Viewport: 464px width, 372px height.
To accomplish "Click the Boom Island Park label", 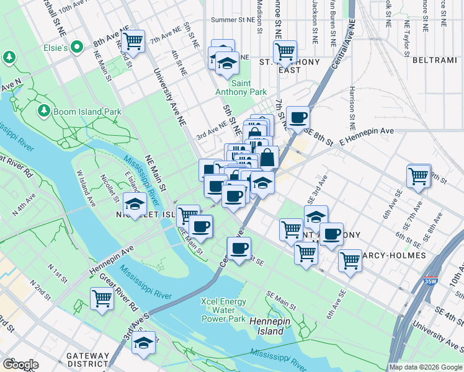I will coord(87,112).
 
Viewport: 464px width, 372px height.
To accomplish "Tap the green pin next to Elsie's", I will coord(78,46).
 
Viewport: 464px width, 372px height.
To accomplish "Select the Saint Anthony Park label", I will coord(249,87).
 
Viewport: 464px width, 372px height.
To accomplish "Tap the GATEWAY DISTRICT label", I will coord(89,360).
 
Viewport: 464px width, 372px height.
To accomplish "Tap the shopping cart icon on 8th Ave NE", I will coord(133,42).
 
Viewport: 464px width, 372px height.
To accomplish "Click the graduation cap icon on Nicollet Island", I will coord(134,204).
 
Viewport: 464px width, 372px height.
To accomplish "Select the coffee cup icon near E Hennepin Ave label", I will coord(298,117).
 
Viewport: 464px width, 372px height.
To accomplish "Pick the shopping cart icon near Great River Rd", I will coord(102,298).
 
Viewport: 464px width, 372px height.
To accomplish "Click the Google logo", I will coord(20,365).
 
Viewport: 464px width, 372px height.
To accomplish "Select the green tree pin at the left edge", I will coord(10,58).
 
